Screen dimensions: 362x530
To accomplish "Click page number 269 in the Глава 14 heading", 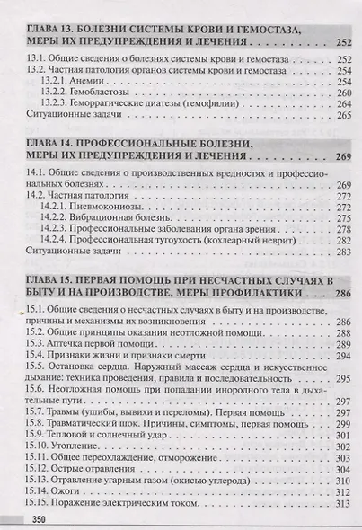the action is coord(340,159).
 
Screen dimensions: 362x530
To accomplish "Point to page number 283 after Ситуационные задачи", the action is coord(340,255).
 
